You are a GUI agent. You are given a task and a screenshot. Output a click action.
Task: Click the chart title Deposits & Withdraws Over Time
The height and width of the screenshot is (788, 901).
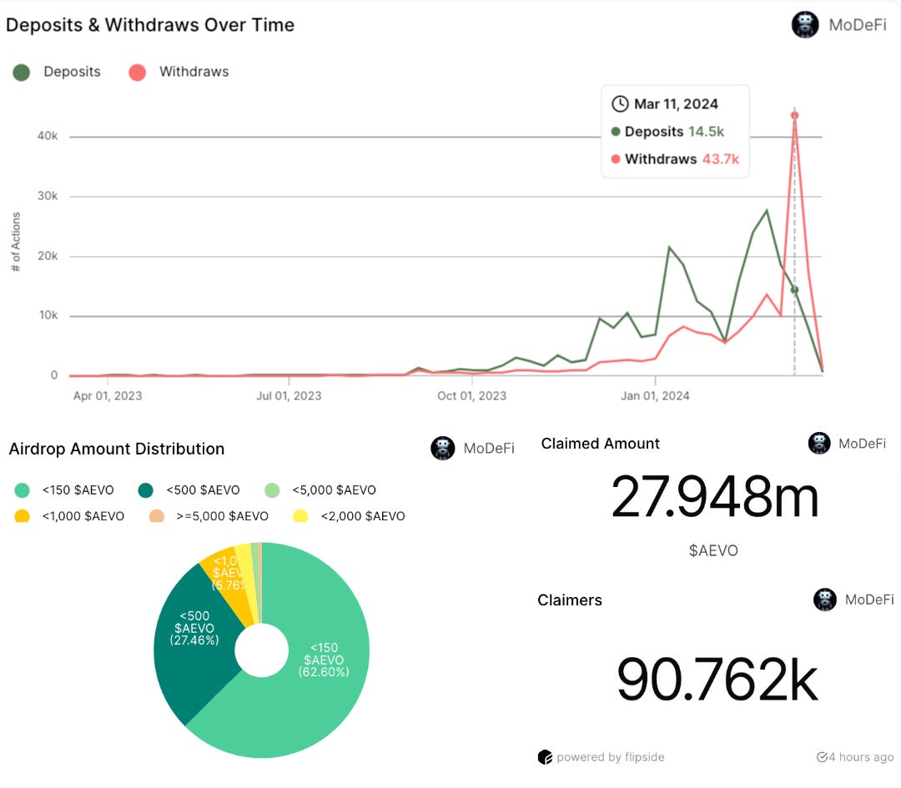150,25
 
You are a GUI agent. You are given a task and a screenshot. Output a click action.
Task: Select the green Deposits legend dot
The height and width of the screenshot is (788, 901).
22,72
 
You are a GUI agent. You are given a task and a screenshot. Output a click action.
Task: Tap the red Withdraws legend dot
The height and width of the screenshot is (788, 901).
138,72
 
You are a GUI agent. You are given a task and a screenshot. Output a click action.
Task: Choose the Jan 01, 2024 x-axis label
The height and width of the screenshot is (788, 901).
655,395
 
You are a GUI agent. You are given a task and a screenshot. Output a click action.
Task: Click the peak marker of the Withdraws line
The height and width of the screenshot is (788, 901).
795,116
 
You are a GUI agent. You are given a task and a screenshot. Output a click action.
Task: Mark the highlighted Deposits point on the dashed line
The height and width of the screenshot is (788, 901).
795,289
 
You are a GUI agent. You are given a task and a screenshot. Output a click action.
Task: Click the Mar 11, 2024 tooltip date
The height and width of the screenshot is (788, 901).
676,104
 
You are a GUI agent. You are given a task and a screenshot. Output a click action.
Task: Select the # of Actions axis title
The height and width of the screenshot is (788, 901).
17,242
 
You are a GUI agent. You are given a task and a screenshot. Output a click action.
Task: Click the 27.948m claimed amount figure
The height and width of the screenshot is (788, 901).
715,497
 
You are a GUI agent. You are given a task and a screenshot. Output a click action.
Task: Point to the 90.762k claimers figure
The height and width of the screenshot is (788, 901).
717,680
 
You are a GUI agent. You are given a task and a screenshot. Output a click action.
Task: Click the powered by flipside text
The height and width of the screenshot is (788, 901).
610,757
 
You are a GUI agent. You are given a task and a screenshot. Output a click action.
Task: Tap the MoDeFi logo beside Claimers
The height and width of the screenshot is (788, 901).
826,600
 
